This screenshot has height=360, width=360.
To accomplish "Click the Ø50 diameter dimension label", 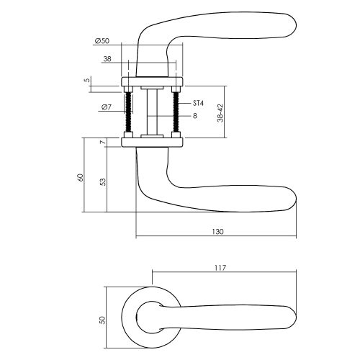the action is coord(102,41).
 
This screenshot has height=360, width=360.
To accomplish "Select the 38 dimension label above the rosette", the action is coord(107,59).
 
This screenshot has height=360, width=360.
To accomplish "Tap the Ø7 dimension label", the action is coord(107,107).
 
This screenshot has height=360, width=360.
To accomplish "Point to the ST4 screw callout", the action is coord(198,103).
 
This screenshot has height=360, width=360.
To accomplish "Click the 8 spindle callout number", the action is coord(195,116).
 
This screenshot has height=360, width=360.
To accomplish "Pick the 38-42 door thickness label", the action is coord(220,113).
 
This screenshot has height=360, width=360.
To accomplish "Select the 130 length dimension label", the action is coord(217,232).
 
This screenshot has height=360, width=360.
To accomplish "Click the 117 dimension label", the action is coord(220,268).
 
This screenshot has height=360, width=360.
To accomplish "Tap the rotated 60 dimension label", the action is coord(81,177).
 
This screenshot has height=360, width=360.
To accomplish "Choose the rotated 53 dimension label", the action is coord(102,182).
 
